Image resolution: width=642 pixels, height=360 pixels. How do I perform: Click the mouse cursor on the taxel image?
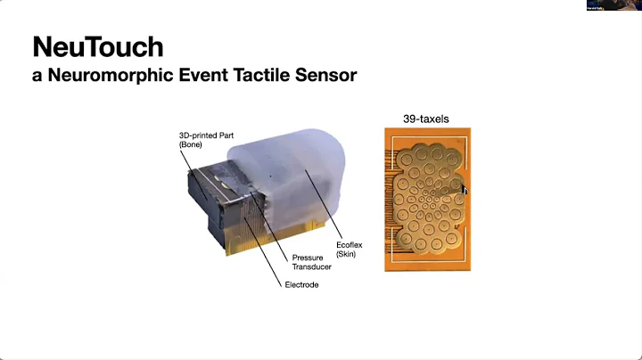click(x=464, y=188)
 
